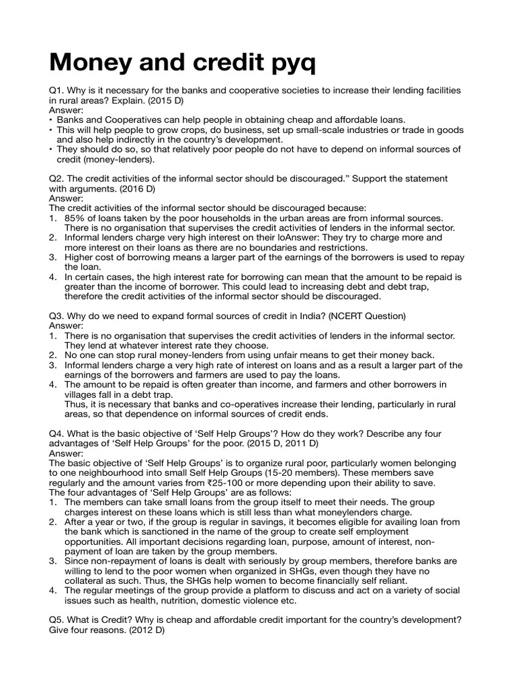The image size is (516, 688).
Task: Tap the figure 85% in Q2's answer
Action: tap(75, 218)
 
